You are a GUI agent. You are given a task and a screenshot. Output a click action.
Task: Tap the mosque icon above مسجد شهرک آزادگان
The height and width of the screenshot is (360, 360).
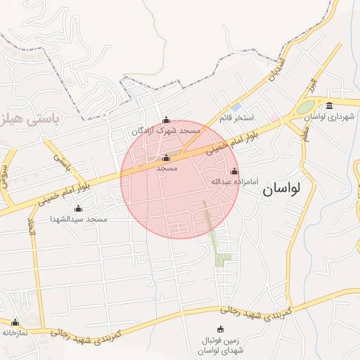pyautogui.click(x=166, y=120)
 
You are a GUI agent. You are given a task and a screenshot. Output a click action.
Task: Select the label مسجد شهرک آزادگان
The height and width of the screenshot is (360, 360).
pyautogui.click(x=167, y=131)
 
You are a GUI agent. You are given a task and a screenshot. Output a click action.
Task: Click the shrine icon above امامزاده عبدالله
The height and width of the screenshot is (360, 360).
pyautogui.click(x=234, y=171)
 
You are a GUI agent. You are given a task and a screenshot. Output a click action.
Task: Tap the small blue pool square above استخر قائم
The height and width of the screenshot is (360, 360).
pyautogui.click(x=236, y=107)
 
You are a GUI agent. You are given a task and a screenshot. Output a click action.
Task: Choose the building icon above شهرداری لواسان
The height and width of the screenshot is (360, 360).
pyautogui.click(x=329, y=105)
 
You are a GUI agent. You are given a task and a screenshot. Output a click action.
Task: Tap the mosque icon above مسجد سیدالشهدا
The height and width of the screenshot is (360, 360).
pyautogui.click(x=78, y=208)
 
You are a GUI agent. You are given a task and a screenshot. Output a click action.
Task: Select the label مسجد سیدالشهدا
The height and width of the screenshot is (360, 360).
pyautogui.click(x=78, y=219)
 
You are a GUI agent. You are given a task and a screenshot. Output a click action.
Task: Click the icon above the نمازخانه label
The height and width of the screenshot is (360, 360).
pyautogui.click(x=15, y=322)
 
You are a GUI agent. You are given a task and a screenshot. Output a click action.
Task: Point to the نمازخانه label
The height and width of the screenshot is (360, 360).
pyautogui.click(x=15, y=333)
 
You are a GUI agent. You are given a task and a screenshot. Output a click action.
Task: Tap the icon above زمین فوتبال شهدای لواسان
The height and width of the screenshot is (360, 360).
pyautogui.click(x=221, y=329)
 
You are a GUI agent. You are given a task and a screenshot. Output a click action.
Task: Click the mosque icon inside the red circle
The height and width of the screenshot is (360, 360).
pyautogui.click(x=166, y=157)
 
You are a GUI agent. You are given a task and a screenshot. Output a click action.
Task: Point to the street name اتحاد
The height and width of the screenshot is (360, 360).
pyautogui.click(x=31, y=226)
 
